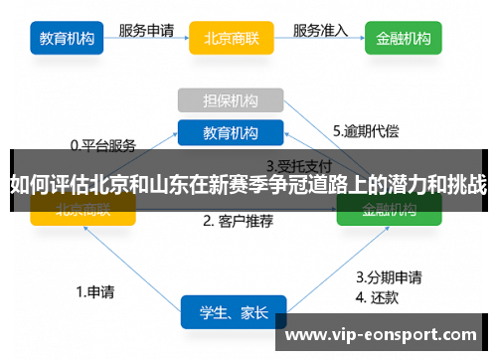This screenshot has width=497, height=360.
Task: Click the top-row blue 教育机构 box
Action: click(67, 39)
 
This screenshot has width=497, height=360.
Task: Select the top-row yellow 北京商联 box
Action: click(231, 39)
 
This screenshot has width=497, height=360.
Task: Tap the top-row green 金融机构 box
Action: click(404, 39)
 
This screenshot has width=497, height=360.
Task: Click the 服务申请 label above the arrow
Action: click(148, 30)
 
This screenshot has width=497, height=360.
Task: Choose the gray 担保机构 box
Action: click(231, 100)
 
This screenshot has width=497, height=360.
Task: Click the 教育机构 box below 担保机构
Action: click(231, 132)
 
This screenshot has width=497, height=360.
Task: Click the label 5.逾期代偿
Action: click(366, 130)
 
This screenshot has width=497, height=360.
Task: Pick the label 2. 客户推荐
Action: click(238, 221)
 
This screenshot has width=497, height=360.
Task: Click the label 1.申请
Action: click(95, 292)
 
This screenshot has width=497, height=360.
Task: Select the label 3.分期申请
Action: click(388, 276)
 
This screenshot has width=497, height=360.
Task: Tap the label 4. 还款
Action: click(378, 295)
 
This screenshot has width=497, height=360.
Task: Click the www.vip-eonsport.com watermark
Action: click(382, 335)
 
